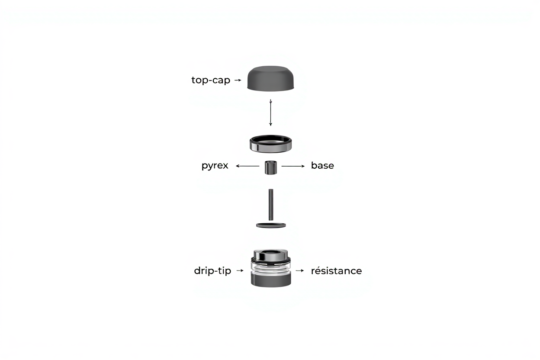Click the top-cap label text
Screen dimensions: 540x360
tap(211, 80)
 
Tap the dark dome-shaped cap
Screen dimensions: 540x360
tap(270, 79)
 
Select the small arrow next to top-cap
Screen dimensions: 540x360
tap(238, 80)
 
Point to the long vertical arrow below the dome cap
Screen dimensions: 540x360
tap(270, 112)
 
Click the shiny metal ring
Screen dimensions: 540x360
tap(271, 144)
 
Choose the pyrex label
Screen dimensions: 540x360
tap(215, 166)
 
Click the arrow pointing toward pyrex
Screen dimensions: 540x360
tap(247, 166)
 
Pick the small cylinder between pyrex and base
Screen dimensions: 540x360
tap(271, 167)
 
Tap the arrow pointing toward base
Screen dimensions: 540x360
tap(293, 166)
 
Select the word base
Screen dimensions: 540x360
tap(322, 165)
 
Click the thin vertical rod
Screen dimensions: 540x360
tap(271, 205)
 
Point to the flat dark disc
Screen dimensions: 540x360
tap(271, 225)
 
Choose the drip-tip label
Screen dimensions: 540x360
tap(212, 271)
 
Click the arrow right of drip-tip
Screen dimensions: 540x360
tap(240, 270)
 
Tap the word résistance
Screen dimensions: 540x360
tap(336, 271)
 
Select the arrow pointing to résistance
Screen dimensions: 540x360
tap(300, 270)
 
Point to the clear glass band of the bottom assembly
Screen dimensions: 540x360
tap(271, 269)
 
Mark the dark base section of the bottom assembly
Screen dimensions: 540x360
tap(271, 280)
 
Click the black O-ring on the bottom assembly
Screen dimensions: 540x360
tap(271, 260)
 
